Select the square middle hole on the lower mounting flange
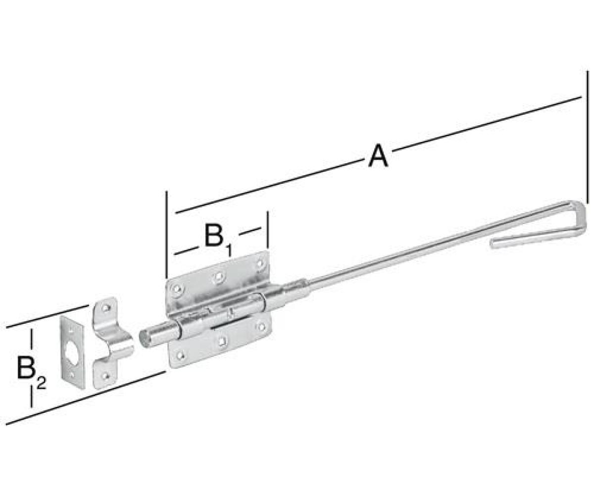point(222,340)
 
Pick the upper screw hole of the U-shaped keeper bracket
point(106,308)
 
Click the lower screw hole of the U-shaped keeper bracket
point(106,376)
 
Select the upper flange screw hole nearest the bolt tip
point(177,289)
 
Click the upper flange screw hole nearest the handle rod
point(260,263)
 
